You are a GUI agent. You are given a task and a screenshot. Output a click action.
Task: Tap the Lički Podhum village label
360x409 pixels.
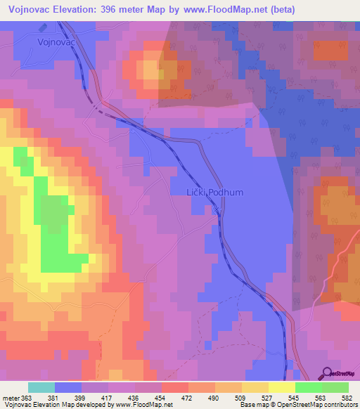pos(198,191)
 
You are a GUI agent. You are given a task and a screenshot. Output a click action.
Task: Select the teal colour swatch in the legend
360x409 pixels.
pos(41,387)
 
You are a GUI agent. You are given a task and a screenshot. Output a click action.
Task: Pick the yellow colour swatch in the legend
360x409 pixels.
pos(282,387)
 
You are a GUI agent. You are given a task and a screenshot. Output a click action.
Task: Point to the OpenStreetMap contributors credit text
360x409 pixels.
pos(316,405)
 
